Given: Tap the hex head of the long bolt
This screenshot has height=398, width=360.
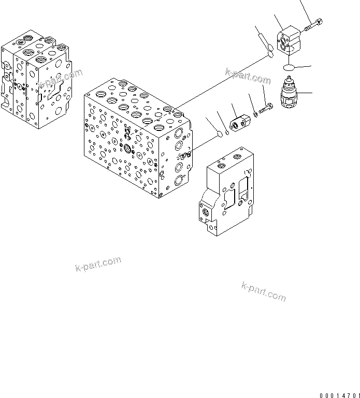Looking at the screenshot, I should tap(319, 21).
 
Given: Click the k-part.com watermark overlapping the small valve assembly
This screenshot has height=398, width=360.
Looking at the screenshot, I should tap(59, 79).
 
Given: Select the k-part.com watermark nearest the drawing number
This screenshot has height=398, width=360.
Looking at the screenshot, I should tap(264, 291).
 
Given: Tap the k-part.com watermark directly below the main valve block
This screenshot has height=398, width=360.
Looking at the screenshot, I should tap(98, 263).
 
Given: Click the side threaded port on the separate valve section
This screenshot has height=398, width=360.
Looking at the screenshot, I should tap(206, 213).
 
